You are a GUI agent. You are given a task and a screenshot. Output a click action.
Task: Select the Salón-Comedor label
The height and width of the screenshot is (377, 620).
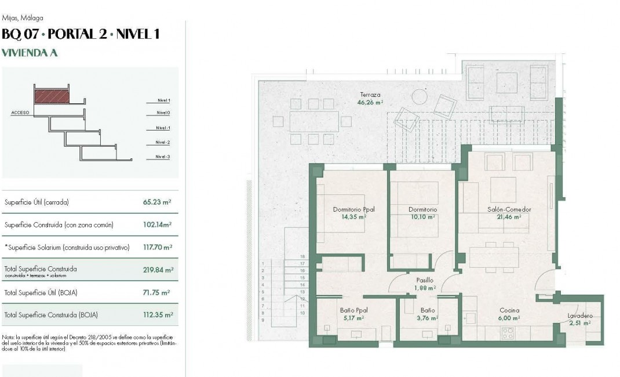pos(509,213)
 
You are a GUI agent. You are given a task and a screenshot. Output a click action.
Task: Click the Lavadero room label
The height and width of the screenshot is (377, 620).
pos(579,319)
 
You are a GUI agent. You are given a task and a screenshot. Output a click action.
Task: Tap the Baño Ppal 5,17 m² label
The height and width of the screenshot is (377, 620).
pos(353,314)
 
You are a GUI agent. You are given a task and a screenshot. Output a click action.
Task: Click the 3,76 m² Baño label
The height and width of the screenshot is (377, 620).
pos(428,314)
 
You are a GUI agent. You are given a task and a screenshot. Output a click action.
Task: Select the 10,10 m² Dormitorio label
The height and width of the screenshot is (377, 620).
pos(422,213)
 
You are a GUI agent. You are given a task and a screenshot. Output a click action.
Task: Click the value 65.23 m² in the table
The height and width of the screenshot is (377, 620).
pos(156,202)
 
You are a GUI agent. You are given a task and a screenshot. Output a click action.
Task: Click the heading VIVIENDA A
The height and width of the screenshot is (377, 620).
pos(30,52)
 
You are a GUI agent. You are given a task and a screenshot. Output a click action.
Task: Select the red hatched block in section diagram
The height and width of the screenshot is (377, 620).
pos(52,96)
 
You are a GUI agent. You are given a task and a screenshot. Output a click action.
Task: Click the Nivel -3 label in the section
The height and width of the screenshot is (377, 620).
pos(162,157)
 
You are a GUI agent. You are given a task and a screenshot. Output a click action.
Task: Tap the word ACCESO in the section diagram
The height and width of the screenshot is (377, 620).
pos(20,113)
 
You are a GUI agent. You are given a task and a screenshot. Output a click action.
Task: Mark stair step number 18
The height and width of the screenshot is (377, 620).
pos(302,256)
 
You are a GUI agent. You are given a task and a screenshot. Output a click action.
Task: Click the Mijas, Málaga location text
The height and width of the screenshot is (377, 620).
pos(23,18)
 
